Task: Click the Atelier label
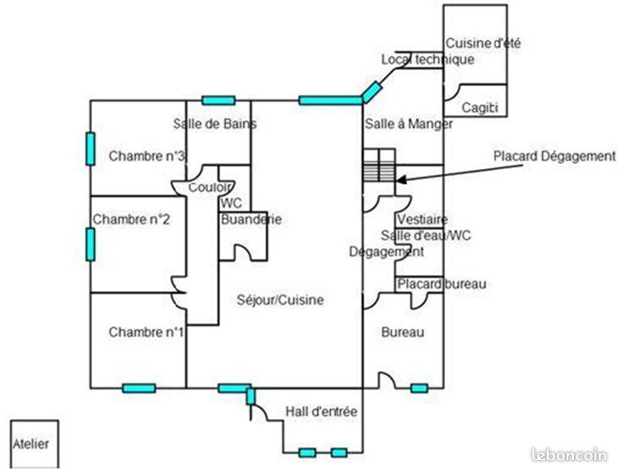click(31, 444)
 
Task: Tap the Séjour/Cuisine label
click(280, 300)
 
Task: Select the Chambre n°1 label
click(146, 332)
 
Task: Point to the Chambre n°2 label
click(131, 219)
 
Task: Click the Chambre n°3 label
click(146, 156)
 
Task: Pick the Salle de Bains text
click(215, 124)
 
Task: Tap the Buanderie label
click(251, 219)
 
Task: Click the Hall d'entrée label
click(321, 412)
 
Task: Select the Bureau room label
click(403, 332)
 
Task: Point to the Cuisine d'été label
click(483, 43)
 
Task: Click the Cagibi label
click(480, 107)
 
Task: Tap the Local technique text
click(428, 59)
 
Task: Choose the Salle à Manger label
click(408, 124)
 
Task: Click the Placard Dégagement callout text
click(555, 156)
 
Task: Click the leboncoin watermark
click(569, 455)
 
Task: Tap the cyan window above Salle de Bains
click(219, 100)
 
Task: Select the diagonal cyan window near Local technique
click(372, 92)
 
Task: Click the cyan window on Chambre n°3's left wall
click(90, 149)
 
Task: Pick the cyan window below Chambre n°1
click(139, 388)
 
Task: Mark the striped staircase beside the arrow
click(379, 172)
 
